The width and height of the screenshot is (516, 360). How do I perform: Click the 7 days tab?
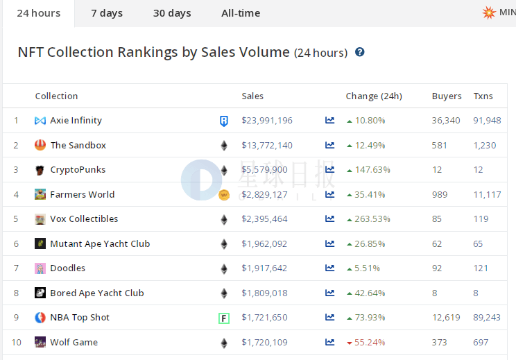[107, 13]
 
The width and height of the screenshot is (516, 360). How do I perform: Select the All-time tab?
[241, 13]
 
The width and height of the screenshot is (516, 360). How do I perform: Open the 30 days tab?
[172, 13]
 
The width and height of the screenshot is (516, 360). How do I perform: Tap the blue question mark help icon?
[360, 52]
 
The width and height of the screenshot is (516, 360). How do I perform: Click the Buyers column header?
[447, 96]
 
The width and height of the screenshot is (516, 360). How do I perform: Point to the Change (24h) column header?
[374, 96]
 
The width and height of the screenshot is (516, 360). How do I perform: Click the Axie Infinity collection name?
[76, 121]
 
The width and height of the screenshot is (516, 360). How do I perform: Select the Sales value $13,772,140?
[267, 146]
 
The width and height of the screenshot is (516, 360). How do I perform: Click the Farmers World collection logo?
[40, 194]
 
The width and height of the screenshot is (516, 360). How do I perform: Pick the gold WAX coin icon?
[224, 195]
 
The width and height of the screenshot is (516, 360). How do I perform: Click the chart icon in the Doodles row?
[329, 268]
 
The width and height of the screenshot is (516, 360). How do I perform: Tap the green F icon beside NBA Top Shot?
[224, 318]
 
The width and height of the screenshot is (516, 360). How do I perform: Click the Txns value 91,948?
[487, 121]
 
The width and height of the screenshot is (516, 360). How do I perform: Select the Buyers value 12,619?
[446, 318]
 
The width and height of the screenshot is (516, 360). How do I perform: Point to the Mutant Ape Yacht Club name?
[100, 244]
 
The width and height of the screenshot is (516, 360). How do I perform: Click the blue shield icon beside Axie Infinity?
[224, 121]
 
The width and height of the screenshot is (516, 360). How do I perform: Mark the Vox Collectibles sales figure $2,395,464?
[264, 219]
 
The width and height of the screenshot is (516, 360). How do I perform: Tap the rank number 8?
[16, 293]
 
